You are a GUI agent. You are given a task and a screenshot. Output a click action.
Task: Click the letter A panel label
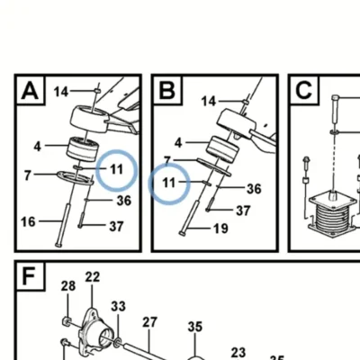[x=30, y=91]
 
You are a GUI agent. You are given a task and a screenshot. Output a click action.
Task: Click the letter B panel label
[x=166, y=90]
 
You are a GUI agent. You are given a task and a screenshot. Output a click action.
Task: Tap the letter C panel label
[x=303, y=90]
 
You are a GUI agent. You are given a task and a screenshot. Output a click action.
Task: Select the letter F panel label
[x=29, y=277]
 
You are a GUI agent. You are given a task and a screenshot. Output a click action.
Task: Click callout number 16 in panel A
[x=28, y=222]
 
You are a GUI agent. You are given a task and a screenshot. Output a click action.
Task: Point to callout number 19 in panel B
[x=220, y=229]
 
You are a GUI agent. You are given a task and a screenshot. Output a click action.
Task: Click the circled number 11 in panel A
[x=117, y=170]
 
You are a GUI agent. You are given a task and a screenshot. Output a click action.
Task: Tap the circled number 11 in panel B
[x=169, y=183]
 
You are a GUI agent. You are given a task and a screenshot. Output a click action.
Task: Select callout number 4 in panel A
[x=37, y=147]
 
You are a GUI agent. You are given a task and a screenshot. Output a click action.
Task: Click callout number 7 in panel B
[x=167, y=160]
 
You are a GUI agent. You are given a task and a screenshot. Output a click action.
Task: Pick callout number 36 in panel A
[x=124, y=201]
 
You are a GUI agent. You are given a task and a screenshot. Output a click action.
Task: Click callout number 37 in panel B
[x=243, y=211]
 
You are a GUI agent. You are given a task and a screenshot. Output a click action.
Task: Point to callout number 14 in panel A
[x=61, y=92]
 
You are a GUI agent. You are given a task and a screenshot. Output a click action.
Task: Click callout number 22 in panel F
[x=92, y=277]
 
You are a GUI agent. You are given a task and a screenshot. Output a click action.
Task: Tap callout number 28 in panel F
[x=68, y=286]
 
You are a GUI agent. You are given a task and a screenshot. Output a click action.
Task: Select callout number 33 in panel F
[x=118, y=307]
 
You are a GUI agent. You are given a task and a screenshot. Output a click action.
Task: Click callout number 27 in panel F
[x=149, y=322]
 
